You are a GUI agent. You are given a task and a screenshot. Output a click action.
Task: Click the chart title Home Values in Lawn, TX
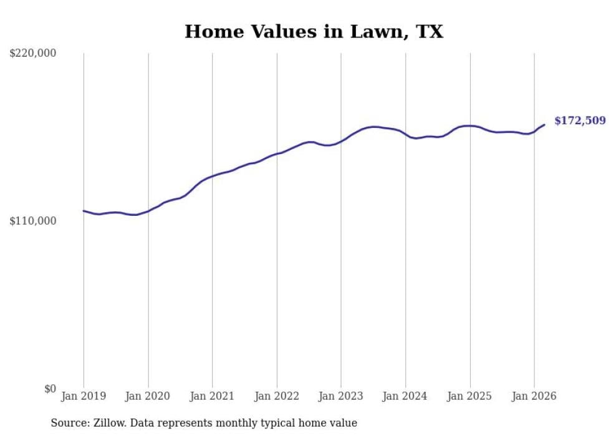314,32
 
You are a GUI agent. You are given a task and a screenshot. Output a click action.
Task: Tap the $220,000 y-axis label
33,54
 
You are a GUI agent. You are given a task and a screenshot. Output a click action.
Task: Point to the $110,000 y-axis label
33,221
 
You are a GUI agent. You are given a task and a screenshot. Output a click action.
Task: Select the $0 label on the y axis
50,389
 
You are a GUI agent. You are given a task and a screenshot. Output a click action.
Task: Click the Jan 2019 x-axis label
84,396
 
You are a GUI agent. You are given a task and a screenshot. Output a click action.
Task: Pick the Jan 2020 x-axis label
148,396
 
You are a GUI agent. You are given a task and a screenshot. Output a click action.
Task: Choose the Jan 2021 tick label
213,396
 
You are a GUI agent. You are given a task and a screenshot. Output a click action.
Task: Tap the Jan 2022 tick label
277,396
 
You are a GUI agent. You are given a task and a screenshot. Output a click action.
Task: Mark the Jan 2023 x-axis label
341,396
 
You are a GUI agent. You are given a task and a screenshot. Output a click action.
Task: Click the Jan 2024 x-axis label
405,396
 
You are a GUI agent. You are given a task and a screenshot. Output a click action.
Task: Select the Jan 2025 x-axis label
470,396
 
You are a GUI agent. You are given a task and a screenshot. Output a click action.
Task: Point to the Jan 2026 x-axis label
534,396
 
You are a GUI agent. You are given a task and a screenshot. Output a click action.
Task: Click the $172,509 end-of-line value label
580,120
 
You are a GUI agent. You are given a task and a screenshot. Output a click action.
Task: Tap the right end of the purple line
544,125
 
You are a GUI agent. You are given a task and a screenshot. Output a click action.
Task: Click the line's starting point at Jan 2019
84,211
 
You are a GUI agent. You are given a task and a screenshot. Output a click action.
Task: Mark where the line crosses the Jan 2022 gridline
277,153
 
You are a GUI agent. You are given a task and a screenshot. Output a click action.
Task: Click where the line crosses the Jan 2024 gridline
405,133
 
